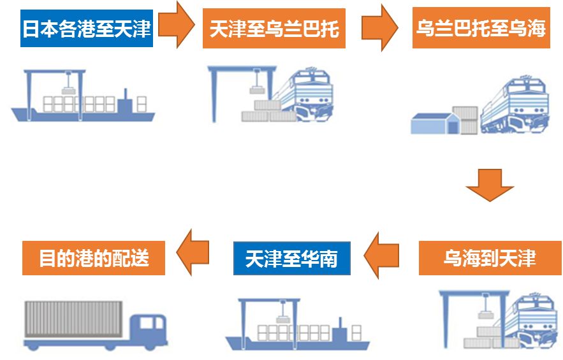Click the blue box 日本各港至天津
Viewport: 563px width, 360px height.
87,29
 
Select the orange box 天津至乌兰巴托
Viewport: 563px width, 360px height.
274,29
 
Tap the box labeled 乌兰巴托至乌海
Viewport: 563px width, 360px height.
481,29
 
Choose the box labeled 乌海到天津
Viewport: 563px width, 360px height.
490,258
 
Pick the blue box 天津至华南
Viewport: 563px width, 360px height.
291,259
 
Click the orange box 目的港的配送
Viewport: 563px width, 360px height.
94,258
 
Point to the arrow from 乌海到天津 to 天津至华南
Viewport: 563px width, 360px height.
382,255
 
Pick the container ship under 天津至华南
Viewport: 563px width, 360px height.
297,331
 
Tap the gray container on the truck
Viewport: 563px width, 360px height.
73,319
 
